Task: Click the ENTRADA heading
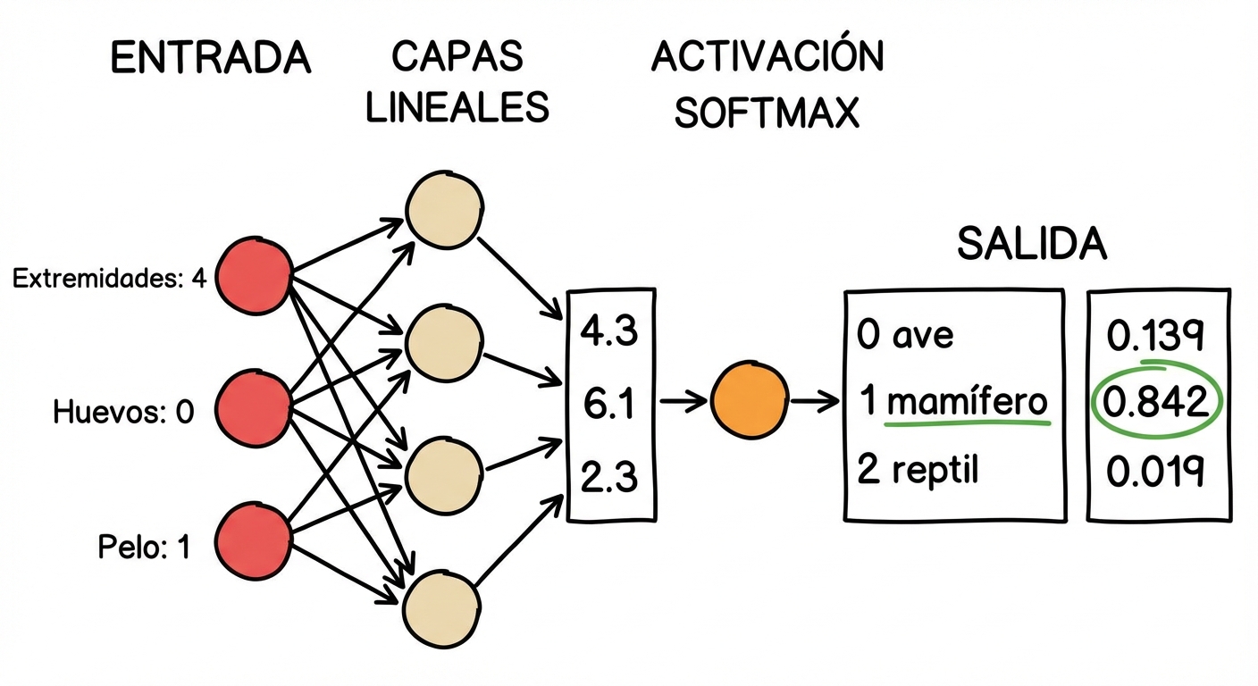coord(210,59)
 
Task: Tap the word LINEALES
coord(457,107)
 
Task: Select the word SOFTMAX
coord(766,113)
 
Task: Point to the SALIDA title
coord(1031,244)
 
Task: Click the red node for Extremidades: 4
coord(255,276)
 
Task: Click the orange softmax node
coord(750,402)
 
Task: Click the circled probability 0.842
coord(1156,404)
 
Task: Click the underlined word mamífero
coord(967,403)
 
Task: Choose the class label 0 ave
coord(905,336)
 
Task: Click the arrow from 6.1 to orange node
coord(684,402)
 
